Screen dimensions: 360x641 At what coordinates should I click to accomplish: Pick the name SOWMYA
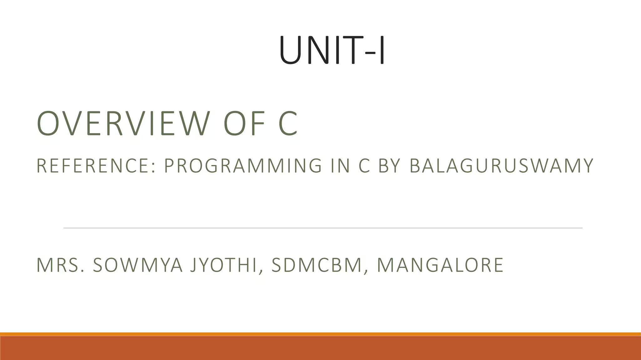pos(138,265)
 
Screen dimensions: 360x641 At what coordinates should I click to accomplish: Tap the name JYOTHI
pos(227,265)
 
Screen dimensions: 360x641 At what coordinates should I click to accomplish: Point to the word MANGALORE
pos(440,265)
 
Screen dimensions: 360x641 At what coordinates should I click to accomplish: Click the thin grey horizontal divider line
pos(322,228)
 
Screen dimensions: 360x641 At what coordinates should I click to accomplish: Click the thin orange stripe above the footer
pos(320,334)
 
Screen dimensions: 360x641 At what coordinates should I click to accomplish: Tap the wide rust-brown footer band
pos(320,348)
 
